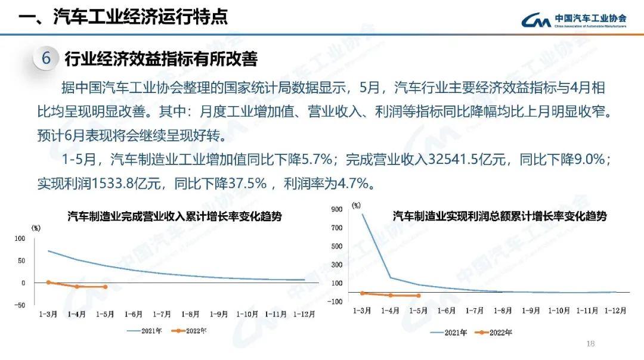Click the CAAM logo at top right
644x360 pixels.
coord(574,20)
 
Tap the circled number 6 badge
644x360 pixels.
coord(47,59)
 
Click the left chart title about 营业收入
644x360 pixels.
coord(175,217)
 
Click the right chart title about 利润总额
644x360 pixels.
coord(500,216)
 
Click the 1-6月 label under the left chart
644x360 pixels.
coord(133,314)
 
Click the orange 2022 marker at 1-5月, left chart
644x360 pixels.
coord(105,287)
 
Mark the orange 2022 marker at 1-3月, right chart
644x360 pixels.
coord(362,293)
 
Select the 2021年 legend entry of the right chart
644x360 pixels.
coord(449,333)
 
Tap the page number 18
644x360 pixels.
coord(591,343)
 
